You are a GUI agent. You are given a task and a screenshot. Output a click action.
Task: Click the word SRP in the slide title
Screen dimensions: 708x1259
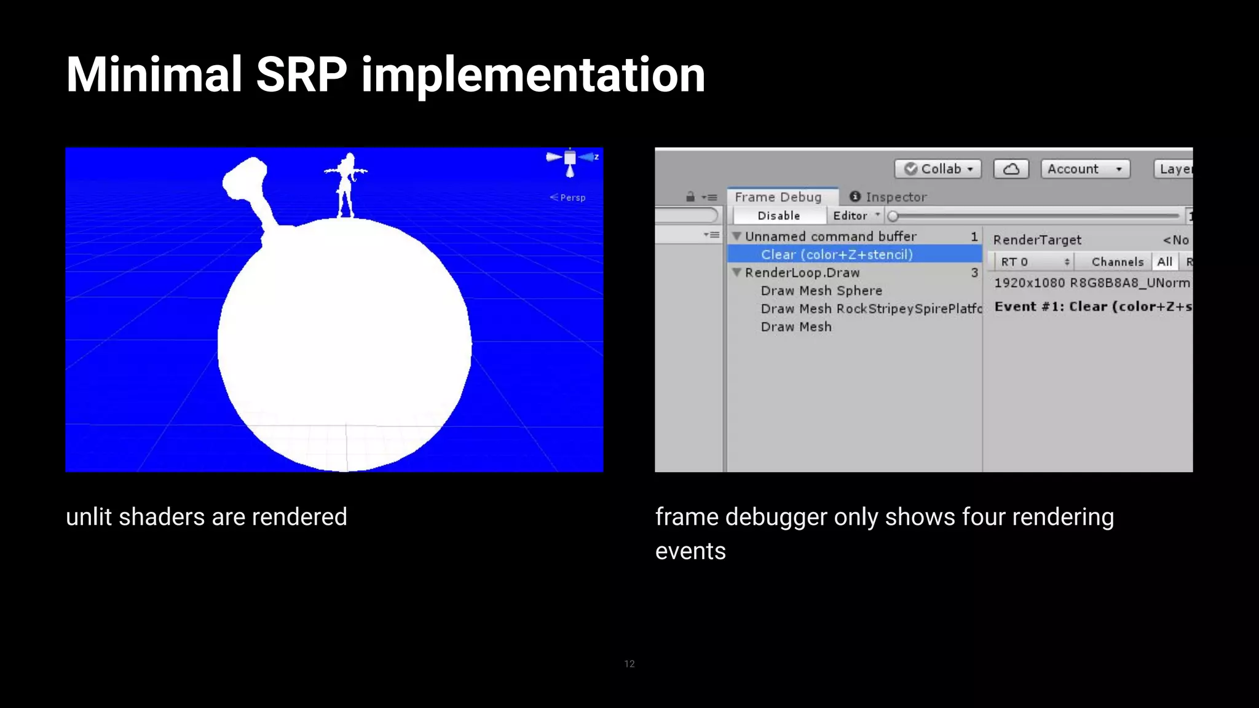tap(301, 75)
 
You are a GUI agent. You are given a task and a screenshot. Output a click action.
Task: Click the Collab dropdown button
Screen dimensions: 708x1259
tap(938, 169)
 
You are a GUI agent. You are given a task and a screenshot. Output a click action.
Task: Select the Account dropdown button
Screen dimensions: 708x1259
tap(1085, 169)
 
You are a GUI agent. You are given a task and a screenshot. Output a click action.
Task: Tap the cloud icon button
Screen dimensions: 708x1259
tap(1011, 169)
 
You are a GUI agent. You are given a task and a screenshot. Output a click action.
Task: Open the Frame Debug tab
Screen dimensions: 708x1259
tap(778, 197)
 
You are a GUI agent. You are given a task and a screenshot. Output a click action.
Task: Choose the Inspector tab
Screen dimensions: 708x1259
tap(888, 197)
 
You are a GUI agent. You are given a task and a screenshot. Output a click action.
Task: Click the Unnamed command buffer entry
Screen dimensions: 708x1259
tap(831, 237)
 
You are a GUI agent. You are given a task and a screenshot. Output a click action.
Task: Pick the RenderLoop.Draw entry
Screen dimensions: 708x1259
tap(802, 273)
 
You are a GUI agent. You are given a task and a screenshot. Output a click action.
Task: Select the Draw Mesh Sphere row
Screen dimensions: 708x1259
tap(821, 291)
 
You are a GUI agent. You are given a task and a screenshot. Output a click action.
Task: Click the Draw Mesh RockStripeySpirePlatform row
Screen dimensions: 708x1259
tap(870, 309)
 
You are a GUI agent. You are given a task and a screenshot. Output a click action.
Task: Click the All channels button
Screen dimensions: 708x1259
tap(1164, 262)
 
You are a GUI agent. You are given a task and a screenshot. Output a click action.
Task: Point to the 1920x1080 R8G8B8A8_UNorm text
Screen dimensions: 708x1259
tap(1092, 283)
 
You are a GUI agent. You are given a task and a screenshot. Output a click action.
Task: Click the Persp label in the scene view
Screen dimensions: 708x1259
tap(572, 198)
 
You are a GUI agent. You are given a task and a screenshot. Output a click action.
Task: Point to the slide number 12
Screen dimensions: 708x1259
tap(629, 664)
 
